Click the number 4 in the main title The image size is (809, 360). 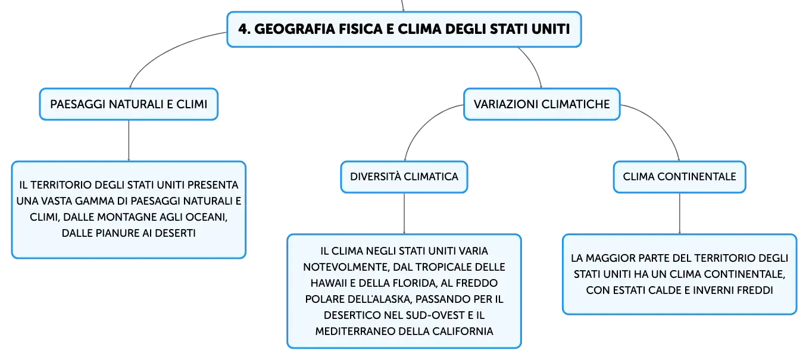[243, 29]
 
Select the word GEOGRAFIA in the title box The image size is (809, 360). [294, 29]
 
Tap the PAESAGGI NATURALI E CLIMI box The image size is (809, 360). [129, 104]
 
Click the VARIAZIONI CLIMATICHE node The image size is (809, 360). [542, 104]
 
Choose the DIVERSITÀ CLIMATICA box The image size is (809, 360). [404, 177]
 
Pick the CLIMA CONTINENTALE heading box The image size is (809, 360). [679, 177]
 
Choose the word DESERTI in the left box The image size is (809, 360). [175, 233]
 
